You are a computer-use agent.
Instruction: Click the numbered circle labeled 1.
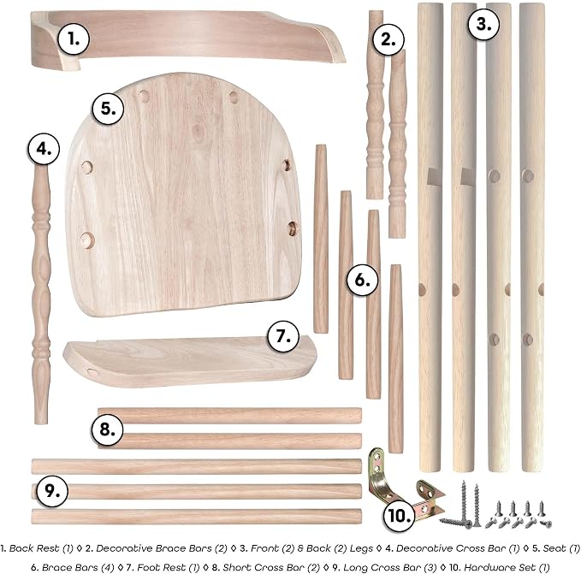pos(74,38)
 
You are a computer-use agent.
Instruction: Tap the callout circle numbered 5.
pos(108,109)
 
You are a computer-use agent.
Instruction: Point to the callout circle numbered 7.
pos(283,336)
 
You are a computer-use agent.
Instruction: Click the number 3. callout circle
pos(483,24)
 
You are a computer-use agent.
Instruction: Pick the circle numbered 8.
pos(107,429)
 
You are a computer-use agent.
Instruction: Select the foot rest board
pos(190,361)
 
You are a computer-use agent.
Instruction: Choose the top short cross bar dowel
pos(229,416)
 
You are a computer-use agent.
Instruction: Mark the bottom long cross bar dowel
pos(197,516)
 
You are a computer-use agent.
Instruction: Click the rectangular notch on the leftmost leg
pos(433,176)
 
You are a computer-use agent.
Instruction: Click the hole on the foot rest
pos(92,372)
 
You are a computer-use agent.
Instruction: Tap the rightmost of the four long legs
pos(532,237)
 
